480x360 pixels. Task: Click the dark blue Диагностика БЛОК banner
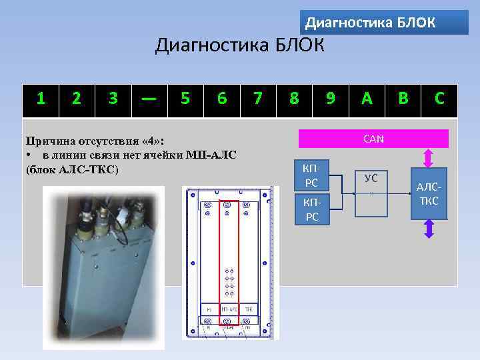coord(384,23)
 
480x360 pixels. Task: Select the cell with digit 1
coord(41,99)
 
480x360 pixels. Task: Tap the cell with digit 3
coord(113,99)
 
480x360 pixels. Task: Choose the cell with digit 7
coord(258,99)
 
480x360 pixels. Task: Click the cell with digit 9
coord(330,99)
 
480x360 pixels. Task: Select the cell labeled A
coord(366,99)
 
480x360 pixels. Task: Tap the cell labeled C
coord(439,99)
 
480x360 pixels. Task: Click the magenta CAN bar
coord(373,139)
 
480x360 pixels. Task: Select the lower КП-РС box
coord(311,210)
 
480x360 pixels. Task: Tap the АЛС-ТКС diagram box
coord(429,194)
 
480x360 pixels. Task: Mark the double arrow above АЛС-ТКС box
coord(429,159)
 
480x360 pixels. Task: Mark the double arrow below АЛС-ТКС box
coord(429,228)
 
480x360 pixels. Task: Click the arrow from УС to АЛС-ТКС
coord(400,193)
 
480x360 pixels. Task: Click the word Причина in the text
coord(47,141)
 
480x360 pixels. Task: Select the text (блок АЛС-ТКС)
coord(71,169)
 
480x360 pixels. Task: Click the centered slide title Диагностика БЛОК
coord(240,47)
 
